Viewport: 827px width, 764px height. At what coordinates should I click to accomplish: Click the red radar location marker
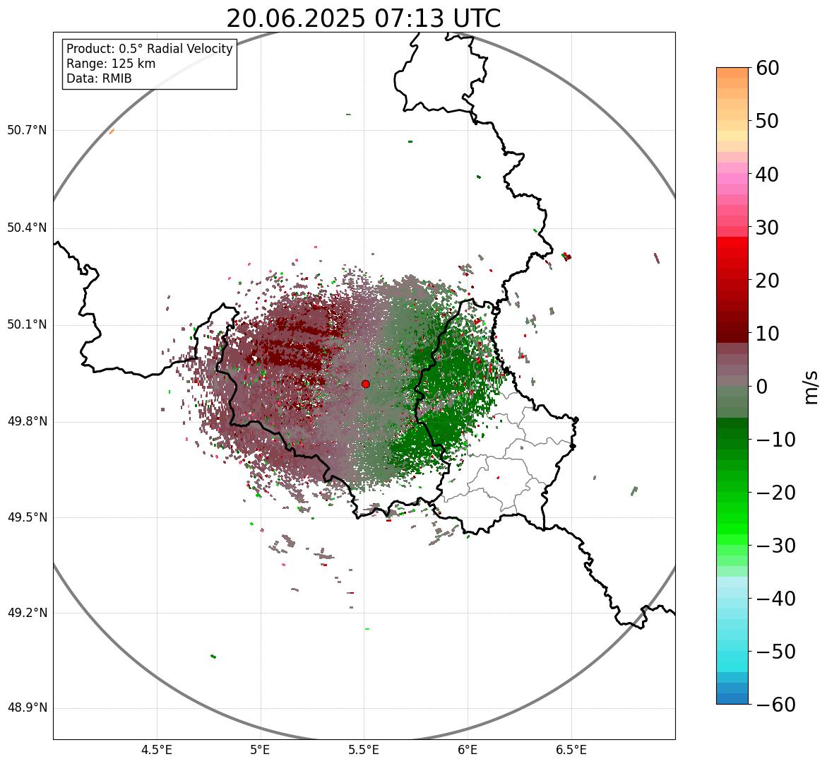pos(365,384)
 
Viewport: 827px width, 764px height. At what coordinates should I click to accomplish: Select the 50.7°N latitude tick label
pos(27,131)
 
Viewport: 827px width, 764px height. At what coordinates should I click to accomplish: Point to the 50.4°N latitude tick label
pos(27,228)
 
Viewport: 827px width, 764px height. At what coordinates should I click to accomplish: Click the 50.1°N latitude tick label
pos(27,325)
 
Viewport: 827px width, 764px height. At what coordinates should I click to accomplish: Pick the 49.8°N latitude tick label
pos(27,422)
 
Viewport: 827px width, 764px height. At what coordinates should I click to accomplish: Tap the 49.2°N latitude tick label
pos(27,613)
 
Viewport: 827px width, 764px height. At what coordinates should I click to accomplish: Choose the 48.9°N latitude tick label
pos(27,708)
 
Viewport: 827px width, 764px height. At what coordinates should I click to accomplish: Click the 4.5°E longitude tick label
pos(157,750)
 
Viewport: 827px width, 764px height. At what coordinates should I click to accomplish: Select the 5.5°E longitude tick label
pos(364,750)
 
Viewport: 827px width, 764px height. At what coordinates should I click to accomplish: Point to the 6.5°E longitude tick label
pos(571,750)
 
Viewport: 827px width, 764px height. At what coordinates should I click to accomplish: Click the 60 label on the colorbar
pos(768,69)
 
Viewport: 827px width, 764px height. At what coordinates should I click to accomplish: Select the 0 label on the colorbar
pos(762,387)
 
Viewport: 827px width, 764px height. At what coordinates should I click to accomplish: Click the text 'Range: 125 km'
pos(111,64)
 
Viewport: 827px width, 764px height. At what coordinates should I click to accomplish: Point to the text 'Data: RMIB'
pos(99,78)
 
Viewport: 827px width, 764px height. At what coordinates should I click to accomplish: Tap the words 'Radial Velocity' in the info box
pos(189,49)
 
